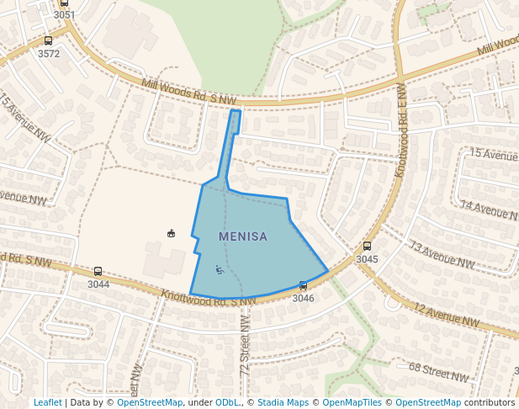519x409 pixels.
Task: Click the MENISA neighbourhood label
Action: click(243, 236)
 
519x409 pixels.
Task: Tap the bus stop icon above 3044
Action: click(98, 271)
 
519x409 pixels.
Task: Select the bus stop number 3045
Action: click(367, 259)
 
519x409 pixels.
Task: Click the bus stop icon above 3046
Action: click(303, 286)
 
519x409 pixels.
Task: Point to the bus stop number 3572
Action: click(49, 54)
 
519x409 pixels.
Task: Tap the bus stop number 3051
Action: click(64, 15)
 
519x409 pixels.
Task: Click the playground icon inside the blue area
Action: click(220, 270)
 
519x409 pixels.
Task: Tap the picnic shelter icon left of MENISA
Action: click(172, 233)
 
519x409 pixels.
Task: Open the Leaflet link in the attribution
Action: click(48, 403)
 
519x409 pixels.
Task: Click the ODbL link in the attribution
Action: click(227, 403)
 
